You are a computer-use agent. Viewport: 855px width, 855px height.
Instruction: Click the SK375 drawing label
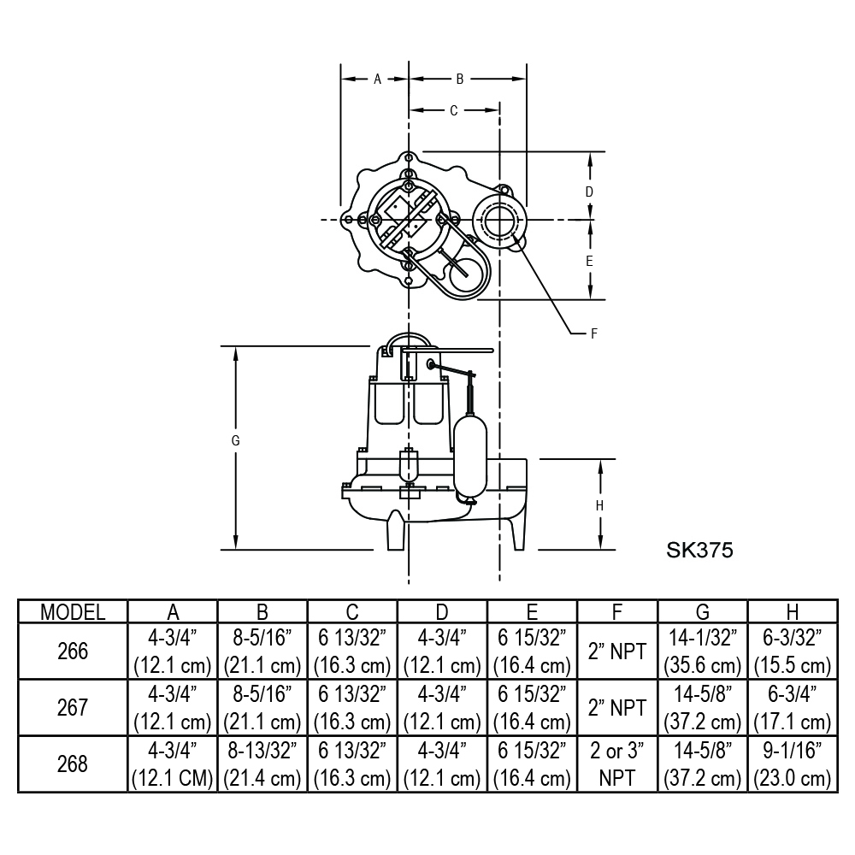coord(699,550)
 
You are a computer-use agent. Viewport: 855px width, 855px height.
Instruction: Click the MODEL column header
coord(73,612)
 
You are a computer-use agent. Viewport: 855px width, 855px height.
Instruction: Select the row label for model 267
coord(73,707)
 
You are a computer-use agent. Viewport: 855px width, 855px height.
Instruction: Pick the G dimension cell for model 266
coord(702,651)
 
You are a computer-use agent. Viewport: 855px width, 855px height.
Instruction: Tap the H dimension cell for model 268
coord(793,764)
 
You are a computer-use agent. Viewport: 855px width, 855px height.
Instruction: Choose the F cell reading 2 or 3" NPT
coord(617,764)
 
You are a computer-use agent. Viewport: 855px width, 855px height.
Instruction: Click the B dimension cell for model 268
coord(262,764)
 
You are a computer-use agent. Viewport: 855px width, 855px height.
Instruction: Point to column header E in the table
coord(532,612)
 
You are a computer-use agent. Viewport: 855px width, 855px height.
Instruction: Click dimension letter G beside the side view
coord(236,440)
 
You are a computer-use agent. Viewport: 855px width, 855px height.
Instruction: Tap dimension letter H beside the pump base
coord(600,506)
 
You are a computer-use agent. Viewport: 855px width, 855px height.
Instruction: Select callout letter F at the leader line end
coord(594,333)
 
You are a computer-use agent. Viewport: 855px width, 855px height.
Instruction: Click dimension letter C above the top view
coord(454,110)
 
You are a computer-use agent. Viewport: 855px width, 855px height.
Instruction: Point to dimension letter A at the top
coord(377,79)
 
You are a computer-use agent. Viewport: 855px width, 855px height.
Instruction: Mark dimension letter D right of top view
coord(589,192)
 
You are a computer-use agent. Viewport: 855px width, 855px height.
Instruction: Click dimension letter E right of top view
coord(589,261)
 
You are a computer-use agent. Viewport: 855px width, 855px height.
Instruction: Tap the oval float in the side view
coord(470,457)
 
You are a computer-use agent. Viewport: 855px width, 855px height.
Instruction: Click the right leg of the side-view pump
coord(518,534)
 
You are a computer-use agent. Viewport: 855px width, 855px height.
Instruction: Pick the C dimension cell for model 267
coord(352,707)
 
